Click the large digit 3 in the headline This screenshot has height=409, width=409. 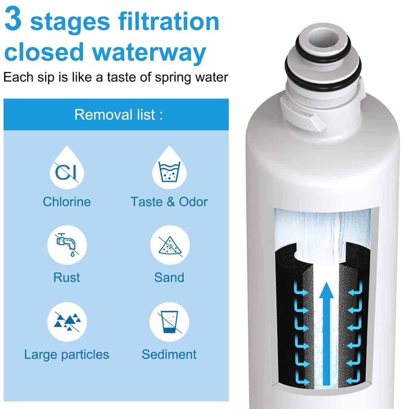coord(13,19)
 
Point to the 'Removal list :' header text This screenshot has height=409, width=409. coord(118,115)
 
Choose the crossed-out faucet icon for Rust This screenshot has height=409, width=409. coord(67,245)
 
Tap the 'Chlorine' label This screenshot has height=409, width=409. coord(67,202)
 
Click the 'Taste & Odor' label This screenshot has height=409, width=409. coord(169,202)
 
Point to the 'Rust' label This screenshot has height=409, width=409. coord(67,277)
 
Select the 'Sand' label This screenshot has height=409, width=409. coord(169,277)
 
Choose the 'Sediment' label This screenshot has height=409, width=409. coord(169,354)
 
